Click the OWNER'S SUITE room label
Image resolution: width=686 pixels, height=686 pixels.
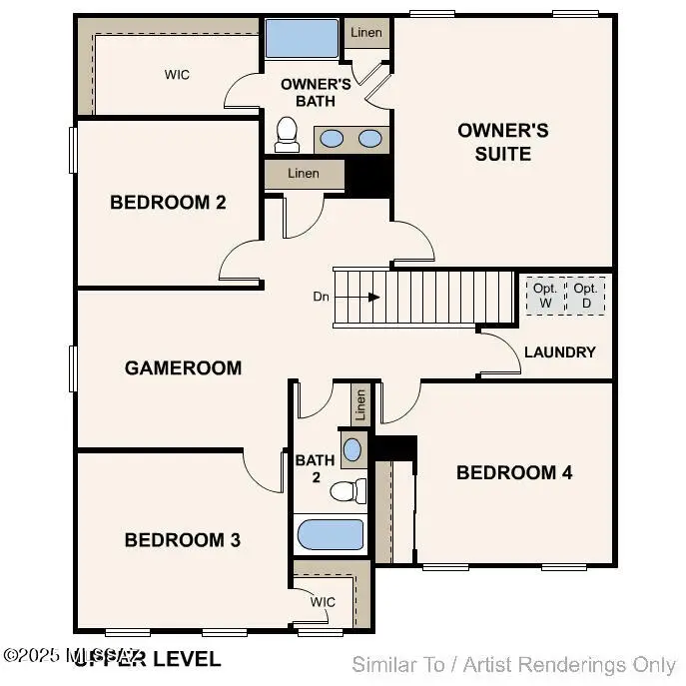tap(503, 142)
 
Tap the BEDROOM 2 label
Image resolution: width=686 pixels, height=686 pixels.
tap(168, 202)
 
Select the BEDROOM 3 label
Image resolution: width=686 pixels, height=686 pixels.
tap(182, 539)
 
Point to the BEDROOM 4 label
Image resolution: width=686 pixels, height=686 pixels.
tap(514, 472)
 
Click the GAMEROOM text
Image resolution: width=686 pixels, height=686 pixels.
tap(183, 367)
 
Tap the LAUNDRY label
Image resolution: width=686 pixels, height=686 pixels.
tap(559, 351)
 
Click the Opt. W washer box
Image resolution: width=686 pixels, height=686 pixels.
tap(544, 296)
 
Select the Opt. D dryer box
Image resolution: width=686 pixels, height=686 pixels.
tap(585, 296)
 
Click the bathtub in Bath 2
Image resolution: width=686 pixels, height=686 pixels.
tap(331, 534)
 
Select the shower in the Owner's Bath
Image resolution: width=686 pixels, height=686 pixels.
tap(301, 40)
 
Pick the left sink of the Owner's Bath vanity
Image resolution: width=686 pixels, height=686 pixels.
tap(333, 139)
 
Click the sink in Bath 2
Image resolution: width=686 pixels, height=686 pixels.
tap(352, 448)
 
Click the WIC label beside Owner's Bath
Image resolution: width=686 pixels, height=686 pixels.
tap(177, 75)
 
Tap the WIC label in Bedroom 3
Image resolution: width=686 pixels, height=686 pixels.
tap(323, 602)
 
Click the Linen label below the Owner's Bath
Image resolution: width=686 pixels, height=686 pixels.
tap(304, 174)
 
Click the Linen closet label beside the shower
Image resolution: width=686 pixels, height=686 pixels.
tap(366, 32)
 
